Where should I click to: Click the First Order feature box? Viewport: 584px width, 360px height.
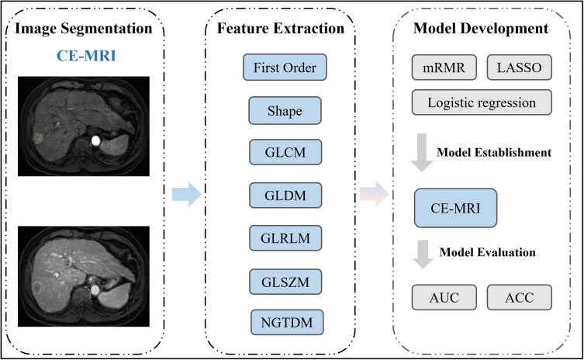[285, 67]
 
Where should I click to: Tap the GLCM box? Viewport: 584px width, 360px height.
[285, 151]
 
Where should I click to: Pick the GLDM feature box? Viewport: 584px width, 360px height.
[285, 194]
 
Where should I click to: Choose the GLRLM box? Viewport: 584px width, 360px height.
[285, 236]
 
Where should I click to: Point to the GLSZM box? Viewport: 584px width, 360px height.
[285, 278]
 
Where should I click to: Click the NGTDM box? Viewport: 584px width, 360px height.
[285, 320]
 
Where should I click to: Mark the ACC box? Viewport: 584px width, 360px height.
[519, 296]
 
